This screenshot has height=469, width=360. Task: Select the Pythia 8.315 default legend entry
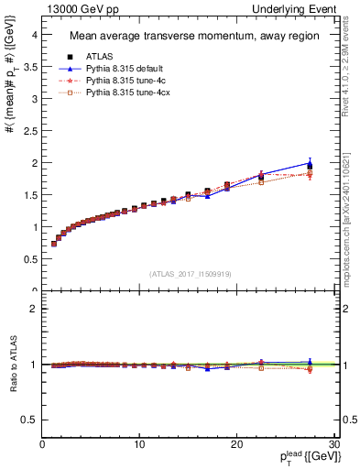122,69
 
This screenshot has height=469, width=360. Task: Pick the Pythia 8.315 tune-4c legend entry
122,81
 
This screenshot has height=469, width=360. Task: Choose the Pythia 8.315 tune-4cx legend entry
124,93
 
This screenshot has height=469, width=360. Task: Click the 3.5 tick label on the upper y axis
29,66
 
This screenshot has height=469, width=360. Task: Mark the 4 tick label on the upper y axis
34,34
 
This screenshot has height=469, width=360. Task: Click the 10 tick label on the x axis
139,444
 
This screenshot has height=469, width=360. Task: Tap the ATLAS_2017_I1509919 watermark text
190,273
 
